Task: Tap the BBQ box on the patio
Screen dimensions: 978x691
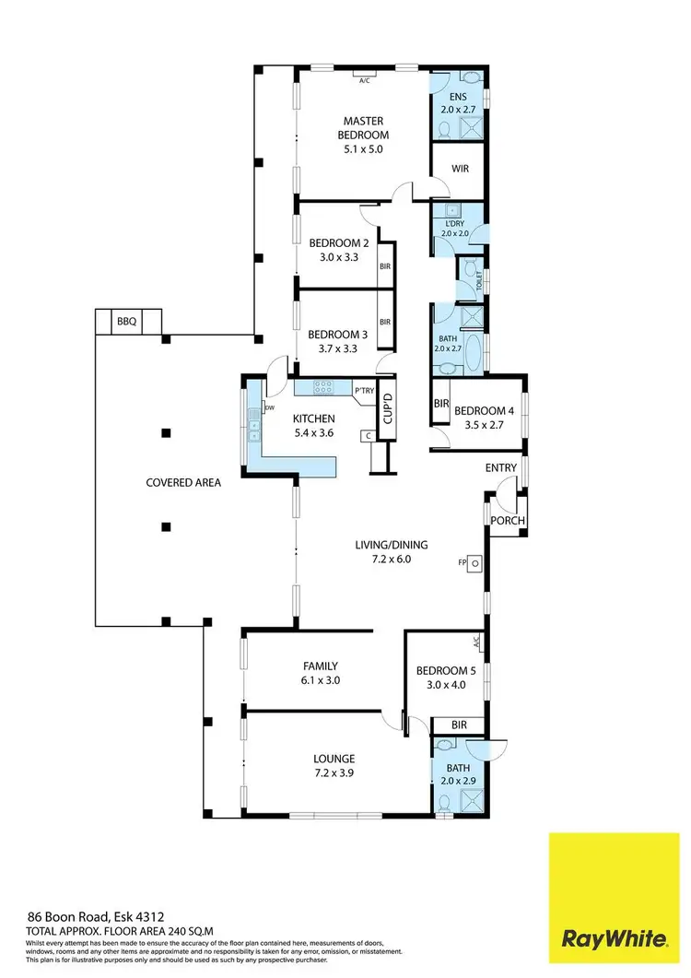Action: point(126,322)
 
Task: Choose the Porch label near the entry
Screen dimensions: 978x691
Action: point(507,521)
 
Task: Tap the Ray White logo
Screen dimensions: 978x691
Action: point(615,939)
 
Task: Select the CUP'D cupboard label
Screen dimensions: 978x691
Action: point(388,407)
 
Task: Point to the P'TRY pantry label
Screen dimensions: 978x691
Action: point(364,391)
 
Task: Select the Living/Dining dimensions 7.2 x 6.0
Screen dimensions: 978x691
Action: point(392,560)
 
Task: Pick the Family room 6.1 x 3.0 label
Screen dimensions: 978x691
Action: point(321,673)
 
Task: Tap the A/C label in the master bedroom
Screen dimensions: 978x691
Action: point(366,79)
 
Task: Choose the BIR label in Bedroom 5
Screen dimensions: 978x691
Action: point(458,725)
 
